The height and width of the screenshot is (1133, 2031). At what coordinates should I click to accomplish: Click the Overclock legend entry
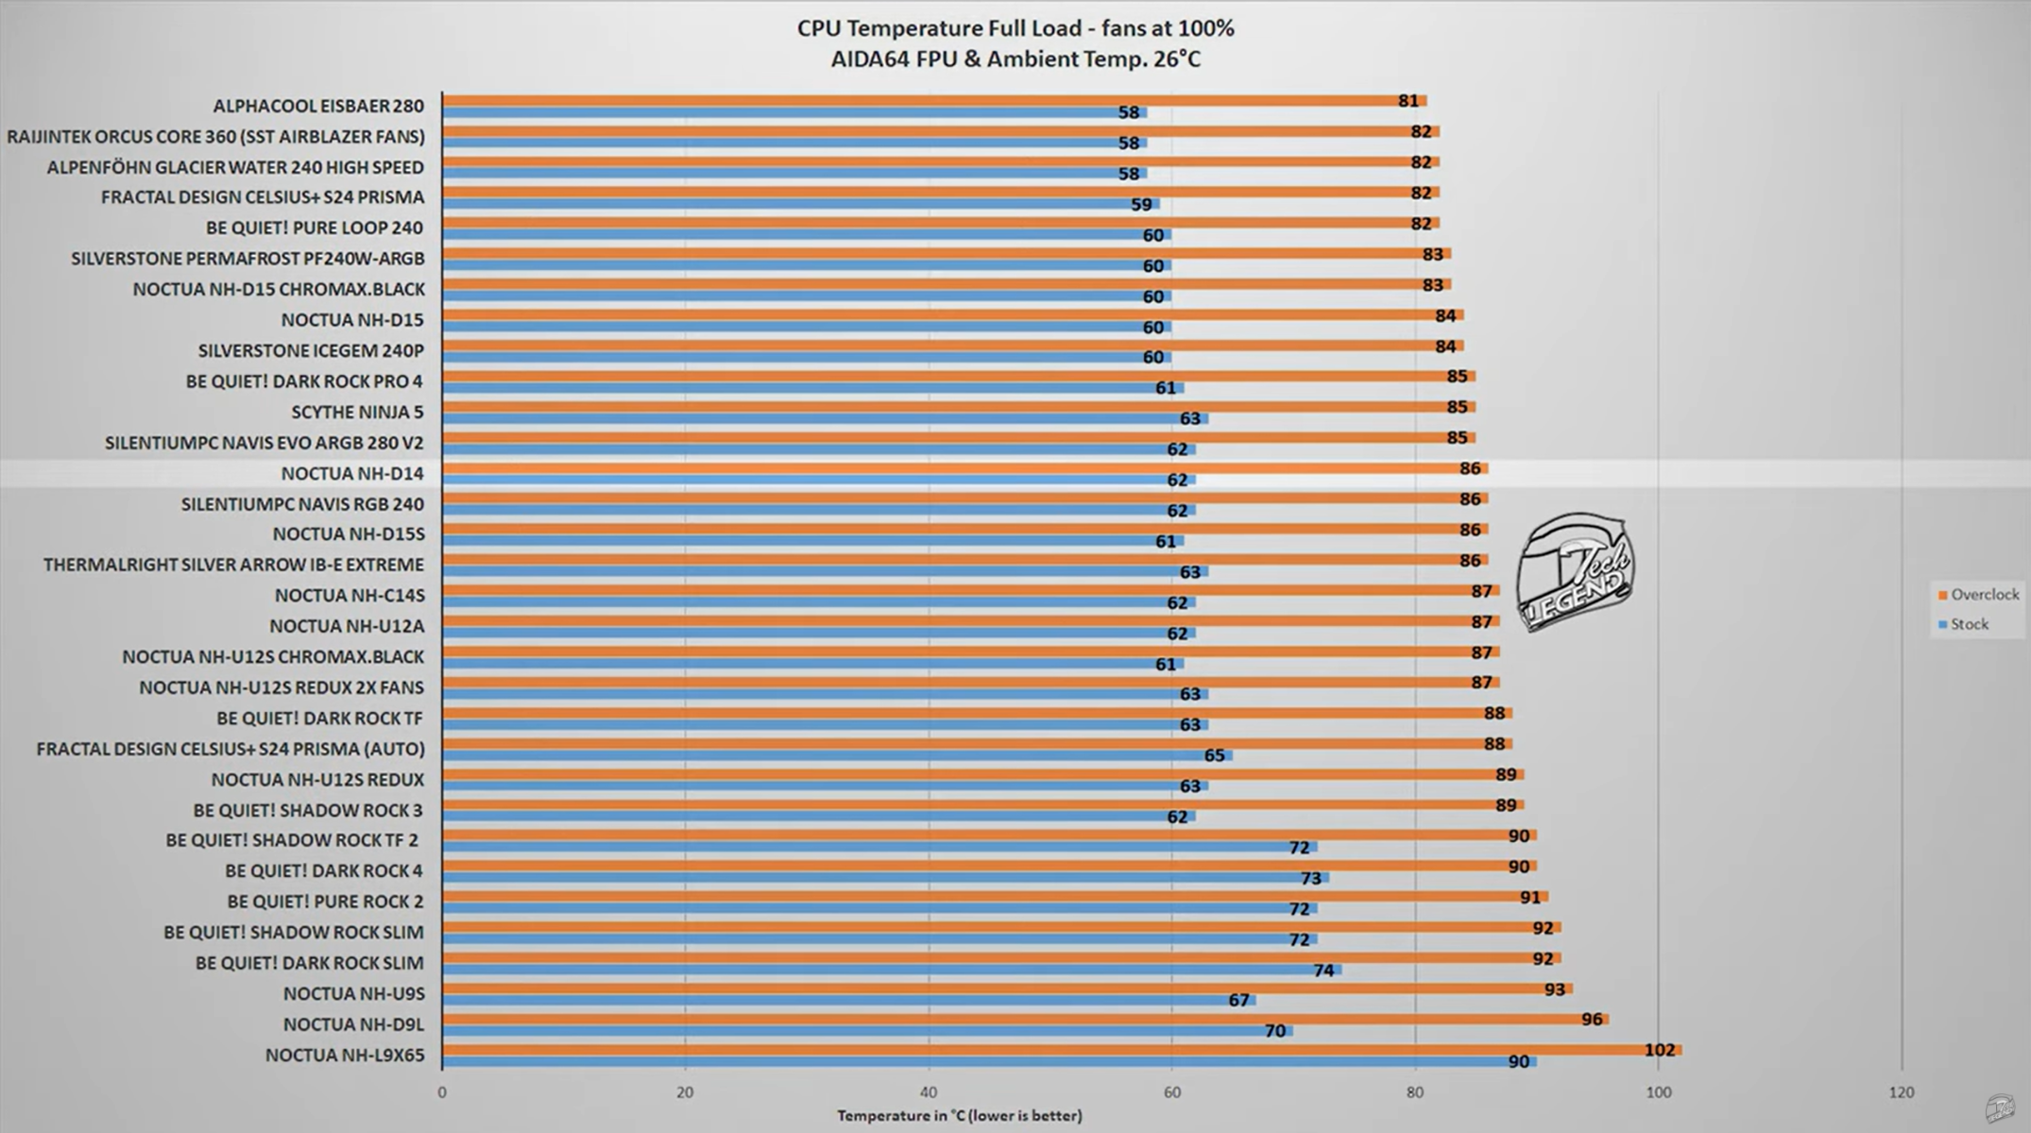click(x=1978, y=595)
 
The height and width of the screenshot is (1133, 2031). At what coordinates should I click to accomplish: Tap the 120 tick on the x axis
click(x=1901, y=1092)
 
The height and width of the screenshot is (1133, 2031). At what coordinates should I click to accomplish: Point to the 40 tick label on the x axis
click(x=929, y=1092)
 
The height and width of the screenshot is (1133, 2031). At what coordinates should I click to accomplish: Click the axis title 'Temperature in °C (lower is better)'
click(x=959, y=1116)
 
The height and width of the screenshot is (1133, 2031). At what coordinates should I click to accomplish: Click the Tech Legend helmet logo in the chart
click(x=1575, y=572)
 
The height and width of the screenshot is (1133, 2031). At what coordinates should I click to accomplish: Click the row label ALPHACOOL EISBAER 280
click(x=318, y=106)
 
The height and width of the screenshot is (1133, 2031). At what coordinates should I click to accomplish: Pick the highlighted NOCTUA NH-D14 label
click(x=352, y=473)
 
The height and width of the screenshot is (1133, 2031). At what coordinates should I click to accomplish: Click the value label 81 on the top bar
click(x=1408, y=101)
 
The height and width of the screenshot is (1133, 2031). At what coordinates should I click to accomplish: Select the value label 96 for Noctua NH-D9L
click(x=1592, y=1020)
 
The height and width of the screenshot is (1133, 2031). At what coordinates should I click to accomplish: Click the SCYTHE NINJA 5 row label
click(x=357, y=412)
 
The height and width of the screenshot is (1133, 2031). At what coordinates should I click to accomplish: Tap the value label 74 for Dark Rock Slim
click(x=1323, y=971)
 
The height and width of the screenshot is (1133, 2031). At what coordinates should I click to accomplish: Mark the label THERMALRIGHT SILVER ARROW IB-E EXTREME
click(x=233, y=565)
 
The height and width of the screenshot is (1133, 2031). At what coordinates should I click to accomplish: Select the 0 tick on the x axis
click(x=442, y=1092)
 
